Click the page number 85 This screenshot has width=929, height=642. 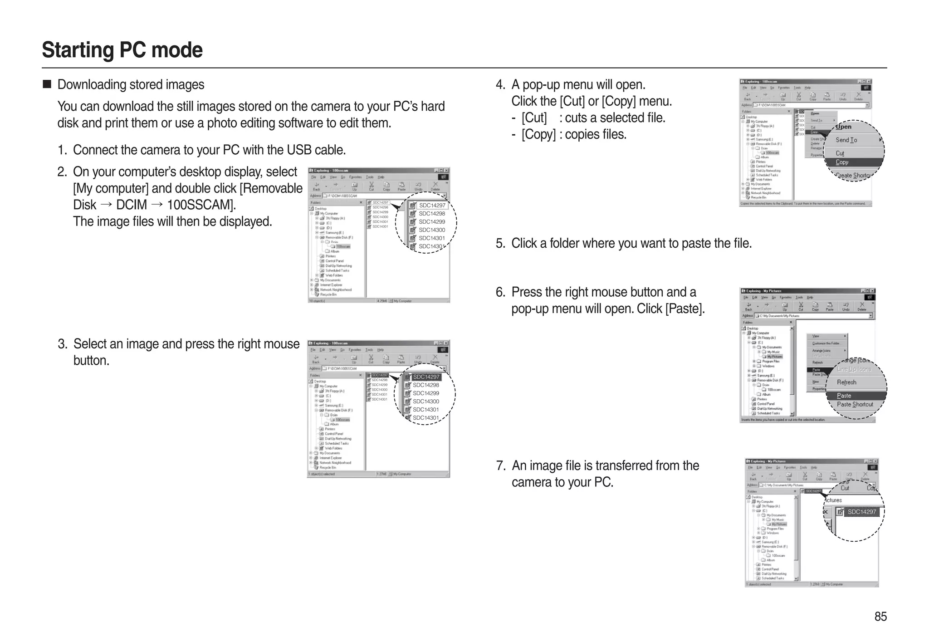coord(880,616)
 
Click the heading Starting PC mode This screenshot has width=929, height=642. coord(122,50)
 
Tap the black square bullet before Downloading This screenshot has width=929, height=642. coord(47,84)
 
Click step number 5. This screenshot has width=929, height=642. coord(500,244)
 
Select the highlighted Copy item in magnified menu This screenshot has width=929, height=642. coord(842,162)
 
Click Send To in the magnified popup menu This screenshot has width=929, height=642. coord(846,140)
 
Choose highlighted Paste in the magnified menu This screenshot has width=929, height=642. coord(844,396)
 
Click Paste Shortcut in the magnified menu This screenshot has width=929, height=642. coord(855,404)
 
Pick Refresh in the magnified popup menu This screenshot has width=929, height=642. coord(846,382)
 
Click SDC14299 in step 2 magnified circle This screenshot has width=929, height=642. coord(431,222)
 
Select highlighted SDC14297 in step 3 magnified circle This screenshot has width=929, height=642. coord(425,377)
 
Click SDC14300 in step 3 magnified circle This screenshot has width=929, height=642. coord(425,402)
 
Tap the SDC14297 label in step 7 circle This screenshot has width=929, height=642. coord(861,512)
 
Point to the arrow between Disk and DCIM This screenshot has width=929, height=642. coord(106,205)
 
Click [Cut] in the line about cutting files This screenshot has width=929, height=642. coord(534,118)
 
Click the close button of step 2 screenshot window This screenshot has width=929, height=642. coord(446,171)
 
